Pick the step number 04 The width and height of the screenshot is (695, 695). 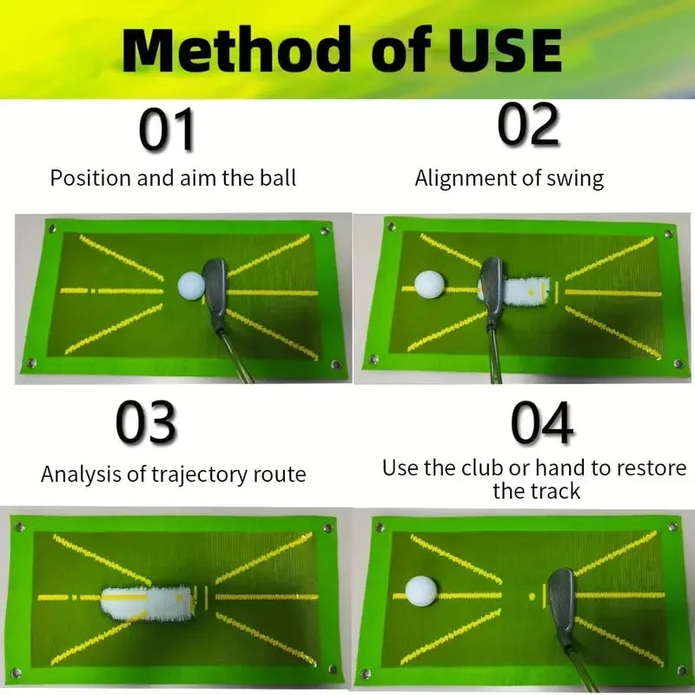541,423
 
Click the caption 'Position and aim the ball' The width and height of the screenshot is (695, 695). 173,179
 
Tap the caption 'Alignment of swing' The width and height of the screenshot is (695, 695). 509,179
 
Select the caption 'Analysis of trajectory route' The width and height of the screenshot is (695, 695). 173,474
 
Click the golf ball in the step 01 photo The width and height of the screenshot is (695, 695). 190,285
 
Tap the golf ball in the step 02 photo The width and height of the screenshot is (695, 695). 428,284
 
